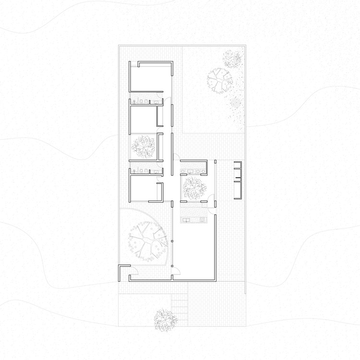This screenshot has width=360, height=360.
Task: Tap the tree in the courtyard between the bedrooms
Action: pyautogui.click(x=144, y=146)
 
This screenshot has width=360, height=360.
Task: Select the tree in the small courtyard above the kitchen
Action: pyautogui.click(x=193, y=188)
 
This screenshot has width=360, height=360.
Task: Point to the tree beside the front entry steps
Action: pyautogui.click(x=164, y=319)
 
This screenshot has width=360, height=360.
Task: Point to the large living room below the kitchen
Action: pyautogui.click(x=194, y=250)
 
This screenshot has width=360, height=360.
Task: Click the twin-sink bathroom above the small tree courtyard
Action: pyautogui.click(x=193, y=168)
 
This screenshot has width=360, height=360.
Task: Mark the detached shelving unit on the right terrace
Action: pyautogui.click(x=237, y=180)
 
